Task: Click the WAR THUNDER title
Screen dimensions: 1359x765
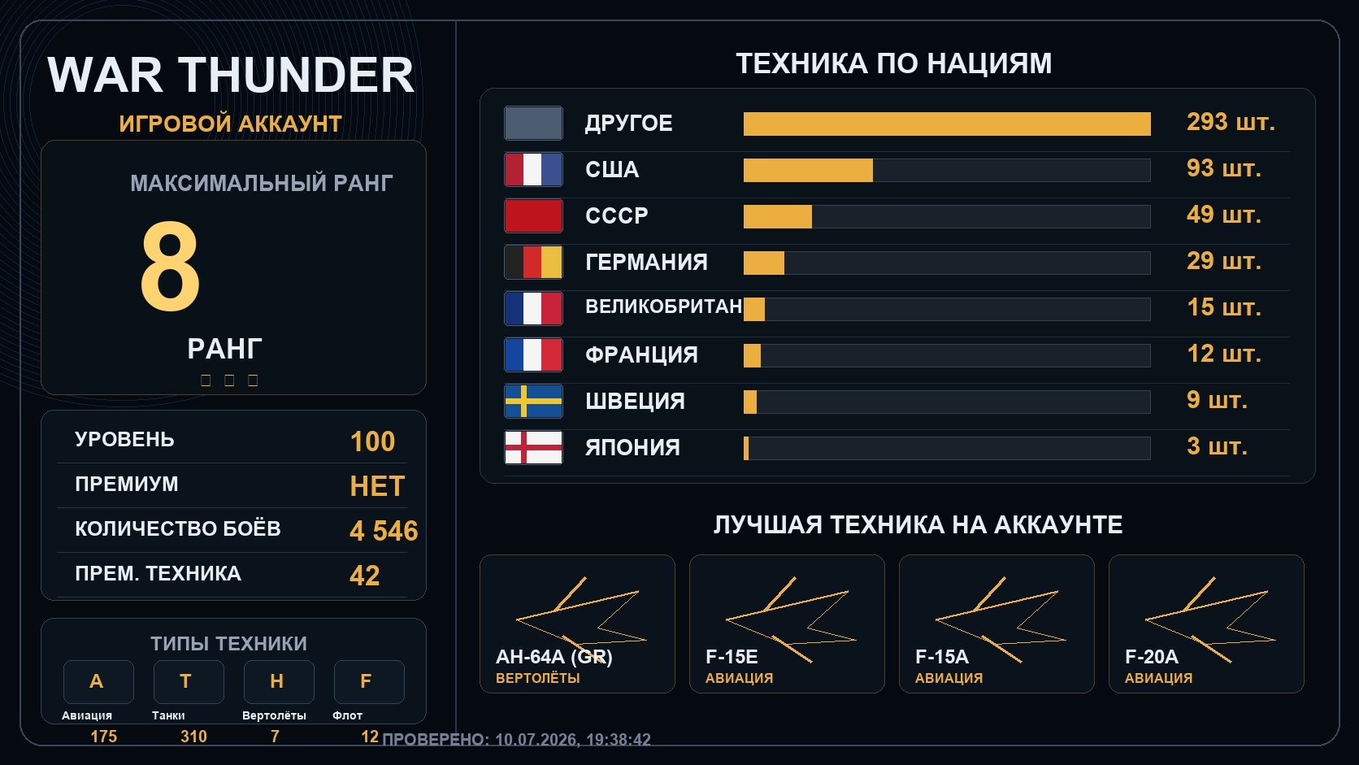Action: (x=231, y=75)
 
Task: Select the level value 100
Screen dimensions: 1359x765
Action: (x=372, y=441)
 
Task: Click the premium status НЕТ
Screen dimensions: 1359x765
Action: (x=377, y=486)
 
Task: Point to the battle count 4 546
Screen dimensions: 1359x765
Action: (x=384, y=531)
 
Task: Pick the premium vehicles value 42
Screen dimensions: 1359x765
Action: (x=365, y=575)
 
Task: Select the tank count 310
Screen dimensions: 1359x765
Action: (x=193, y=737)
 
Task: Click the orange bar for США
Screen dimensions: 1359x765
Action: (x=808, y=171)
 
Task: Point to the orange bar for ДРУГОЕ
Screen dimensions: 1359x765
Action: (x=947, y=124)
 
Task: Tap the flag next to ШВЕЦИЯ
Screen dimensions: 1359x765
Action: (x=533, y=401)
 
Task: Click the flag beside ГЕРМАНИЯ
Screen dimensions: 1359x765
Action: (x=533, y=262)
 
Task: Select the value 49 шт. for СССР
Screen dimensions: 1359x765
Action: (x=1224, y=215)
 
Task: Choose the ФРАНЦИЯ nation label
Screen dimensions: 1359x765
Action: (x=641, y=355)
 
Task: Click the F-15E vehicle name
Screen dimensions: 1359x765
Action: (x=732, y=656)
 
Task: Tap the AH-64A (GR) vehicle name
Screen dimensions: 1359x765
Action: (x=554, y=656)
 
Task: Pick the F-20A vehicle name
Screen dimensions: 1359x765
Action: (x=1152, y=656)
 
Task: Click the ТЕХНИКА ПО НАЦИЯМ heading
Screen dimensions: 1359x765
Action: (x=893, y=63)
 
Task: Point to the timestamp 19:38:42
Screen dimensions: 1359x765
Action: (x=619, y=740)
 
